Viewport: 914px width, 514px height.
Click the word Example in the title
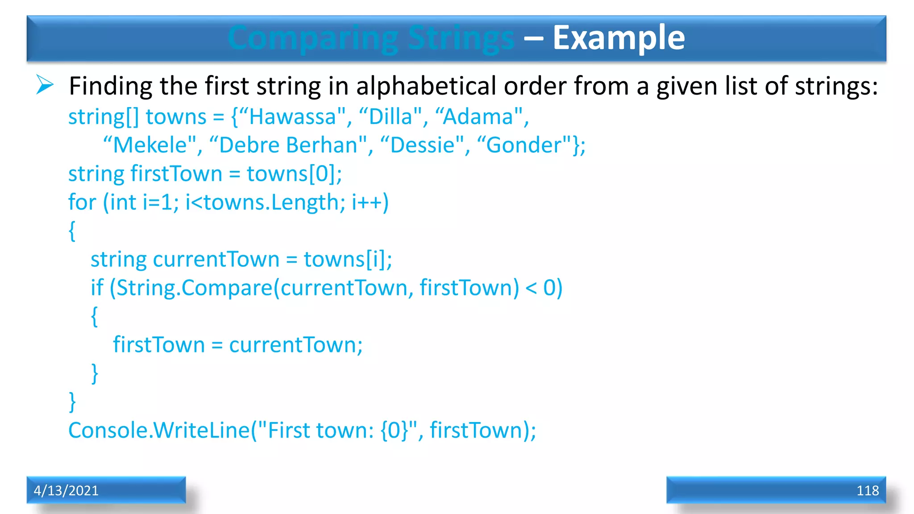(x=619, y=38)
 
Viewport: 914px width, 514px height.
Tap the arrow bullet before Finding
(x=45, y=85)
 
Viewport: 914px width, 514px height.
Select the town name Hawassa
(x=292, y=117)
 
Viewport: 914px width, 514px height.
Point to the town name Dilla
(x=390, y=117)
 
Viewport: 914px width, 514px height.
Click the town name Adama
(x=478, y=117)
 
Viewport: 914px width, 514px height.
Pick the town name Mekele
(x=150, y=145)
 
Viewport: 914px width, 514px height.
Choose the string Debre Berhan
(x=288, y=145)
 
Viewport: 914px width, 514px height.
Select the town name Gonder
(x=523, y=145)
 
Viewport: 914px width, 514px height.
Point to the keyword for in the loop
(x=82, y=203)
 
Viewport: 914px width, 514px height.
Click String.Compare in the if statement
(x=194, y=288)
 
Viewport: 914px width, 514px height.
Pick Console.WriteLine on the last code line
(x=158, y=431)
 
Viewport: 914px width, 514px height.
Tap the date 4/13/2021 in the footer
(x=66, y=491)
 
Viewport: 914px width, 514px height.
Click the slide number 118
(x=867, y=491)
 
